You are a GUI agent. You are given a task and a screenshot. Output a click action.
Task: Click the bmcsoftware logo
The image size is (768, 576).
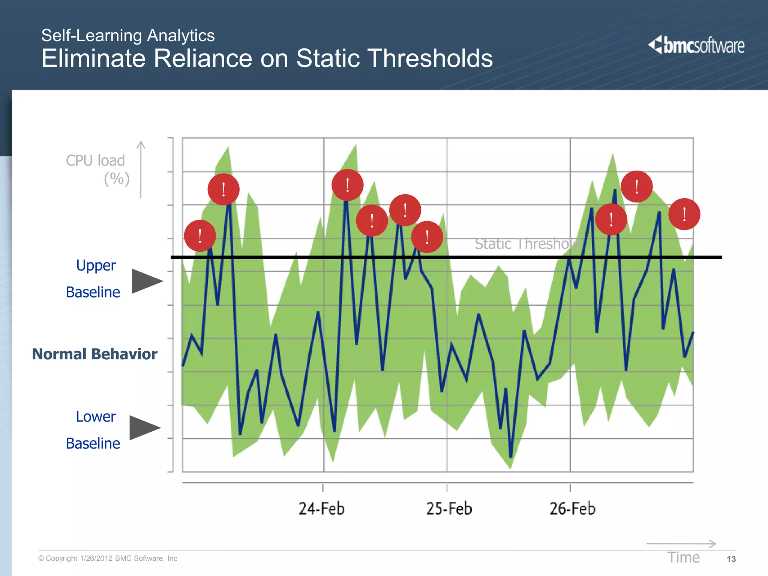(x=696, y=45)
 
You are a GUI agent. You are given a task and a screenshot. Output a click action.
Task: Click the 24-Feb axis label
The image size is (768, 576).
(x=321, y=509)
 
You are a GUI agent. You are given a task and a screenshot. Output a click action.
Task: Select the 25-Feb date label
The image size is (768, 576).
(x=449, y=509)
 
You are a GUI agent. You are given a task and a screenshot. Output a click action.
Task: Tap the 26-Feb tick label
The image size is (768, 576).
(x=572, y=509)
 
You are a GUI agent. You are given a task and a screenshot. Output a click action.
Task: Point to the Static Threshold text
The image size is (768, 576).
(x=527, y=244)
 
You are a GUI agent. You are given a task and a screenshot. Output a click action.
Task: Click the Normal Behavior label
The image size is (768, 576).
(x=94, y=354)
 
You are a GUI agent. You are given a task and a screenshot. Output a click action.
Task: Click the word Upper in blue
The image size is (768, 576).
(x=96, y=265)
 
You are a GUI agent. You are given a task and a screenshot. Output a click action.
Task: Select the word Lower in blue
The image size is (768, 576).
(x=96, y=417)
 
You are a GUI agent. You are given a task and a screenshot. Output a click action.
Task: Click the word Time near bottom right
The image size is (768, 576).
(x=683, y=558)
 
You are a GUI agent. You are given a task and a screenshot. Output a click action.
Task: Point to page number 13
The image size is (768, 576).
(x=731, y=559)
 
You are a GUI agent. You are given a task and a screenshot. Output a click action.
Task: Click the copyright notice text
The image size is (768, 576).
(x=108, y=558)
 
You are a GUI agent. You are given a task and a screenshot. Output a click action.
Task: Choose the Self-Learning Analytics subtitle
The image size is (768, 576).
(x=128, y=36)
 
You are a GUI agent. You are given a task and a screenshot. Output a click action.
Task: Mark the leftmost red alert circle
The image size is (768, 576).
(x=200, y=236)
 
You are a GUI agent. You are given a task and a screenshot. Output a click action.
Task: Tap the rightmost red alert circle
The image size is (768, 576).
(x=684, y=214)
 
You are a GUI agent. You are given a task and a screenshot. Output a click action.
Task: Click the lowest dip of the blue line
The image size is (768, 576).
(x=510, y=456)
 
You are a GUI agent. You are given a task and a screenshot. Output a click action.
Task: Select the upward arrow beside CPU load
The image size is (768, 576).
(x=141, y=169)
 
